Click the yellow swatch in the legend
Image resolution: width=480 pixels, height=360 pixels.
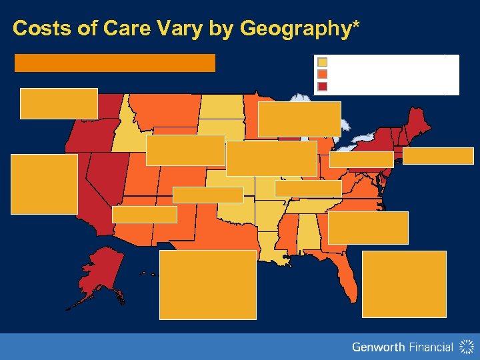click(322, 63)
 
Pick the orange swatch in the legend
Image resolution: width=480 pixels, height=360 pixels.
click(322, 74)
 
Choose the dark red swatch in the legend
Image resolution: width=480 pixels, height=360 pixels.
click(322, 85)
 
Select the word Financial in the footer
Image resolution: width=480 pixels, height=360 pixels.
click(430, 347)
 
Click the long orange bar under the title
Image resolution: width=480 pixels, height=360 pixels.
click(115, 63)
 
